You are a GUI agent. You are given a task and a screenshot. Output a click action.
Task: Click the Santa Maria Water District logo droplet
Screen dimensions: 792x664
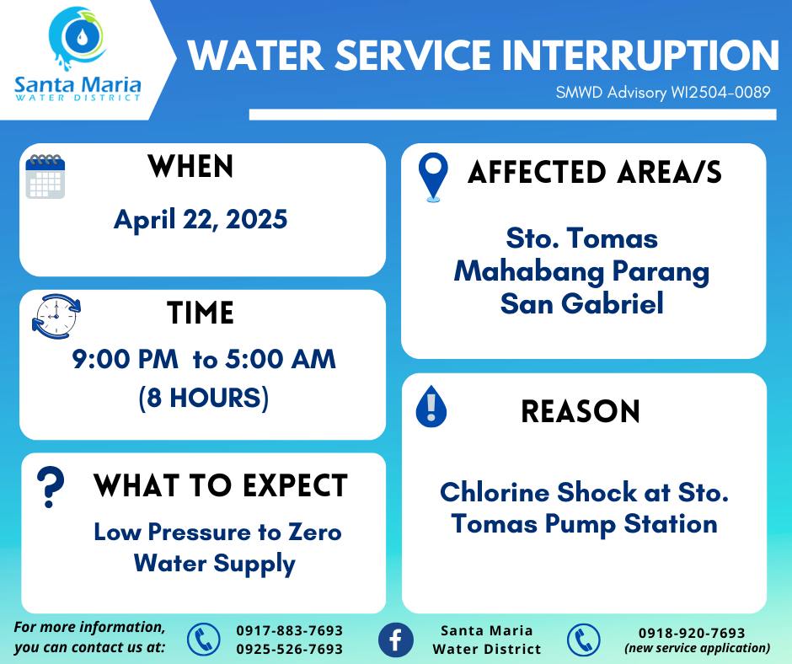[82, 36]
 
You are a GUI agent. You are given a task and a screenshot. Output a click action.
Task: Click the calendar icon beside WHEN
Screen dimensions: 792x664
[45, 176]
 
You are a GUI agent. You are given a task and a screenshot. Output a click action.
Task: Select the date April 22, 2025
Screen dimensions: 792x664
[201, 220]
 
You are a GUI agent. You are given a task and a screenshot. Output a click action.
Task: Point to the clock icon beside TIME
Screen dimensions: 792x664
[56, 316]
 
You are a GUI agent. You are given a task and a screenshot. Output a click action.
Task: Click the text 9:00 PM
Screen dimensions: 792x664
[126, 359]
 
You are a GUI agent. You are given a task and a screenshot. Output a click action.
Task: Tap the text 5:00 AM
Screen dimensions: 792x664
[281, 359]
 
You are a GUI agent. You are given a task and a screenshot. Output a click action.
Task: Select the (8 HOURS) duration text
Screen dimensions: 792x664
[204, 398]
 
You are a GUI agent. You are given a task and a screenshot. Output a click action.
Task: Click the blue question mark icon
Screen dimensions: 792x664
[51, 487]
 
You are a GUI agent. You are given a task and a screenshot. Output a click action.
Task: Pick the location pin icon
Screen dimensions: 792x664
[433, 177]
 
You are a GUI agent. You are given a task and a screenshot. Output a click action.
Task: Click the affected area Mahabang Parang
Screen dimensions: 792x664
[581, 272]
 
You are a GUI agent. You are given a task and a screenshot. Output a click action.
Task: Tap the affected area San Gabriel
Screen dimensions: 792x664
[581, 303]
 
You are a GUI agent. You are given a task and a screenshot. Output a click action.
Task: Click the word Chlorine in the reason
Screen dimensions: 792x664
[495, 492]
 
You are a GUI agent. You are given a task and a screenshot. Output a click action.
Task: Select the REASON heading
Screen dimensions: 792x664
[581, 411]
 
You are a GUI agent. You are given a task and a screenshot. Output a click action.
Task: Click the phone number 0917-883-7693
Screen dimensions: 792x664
[290, 630]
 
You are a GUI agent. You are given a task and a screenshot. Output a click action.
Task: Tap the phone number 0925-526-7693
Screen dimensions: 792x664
[290, 649]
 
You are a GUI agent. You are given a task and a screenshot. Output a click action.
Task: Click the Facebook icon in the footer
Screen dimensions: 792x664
[395, 640]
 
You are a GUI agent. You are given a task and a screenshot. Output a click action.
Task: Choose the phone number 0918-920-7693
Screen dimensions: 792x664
[692, 633]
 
